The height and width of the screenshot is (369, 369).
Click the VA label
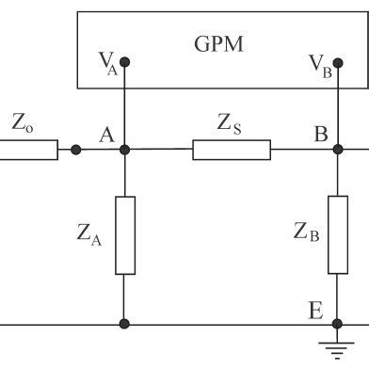[x=106, y=63]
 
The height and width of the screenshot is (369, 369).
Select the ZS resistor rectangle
[x=232, y=149]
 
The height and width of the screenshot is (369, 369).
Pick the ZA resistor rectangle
[x=124, y=235]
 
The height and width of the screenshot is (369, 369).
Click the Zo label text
[x=24, y=122]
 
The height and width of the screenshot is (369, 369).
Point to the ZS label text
[x=233, y=122]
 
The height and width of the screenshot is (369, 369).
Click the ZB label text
[x=304, y=232]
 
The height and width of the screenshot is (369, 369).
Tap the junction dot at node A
[x=124, y=149]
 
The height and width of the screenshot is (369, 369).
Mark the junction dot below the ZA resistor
[x=124, y=326]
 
